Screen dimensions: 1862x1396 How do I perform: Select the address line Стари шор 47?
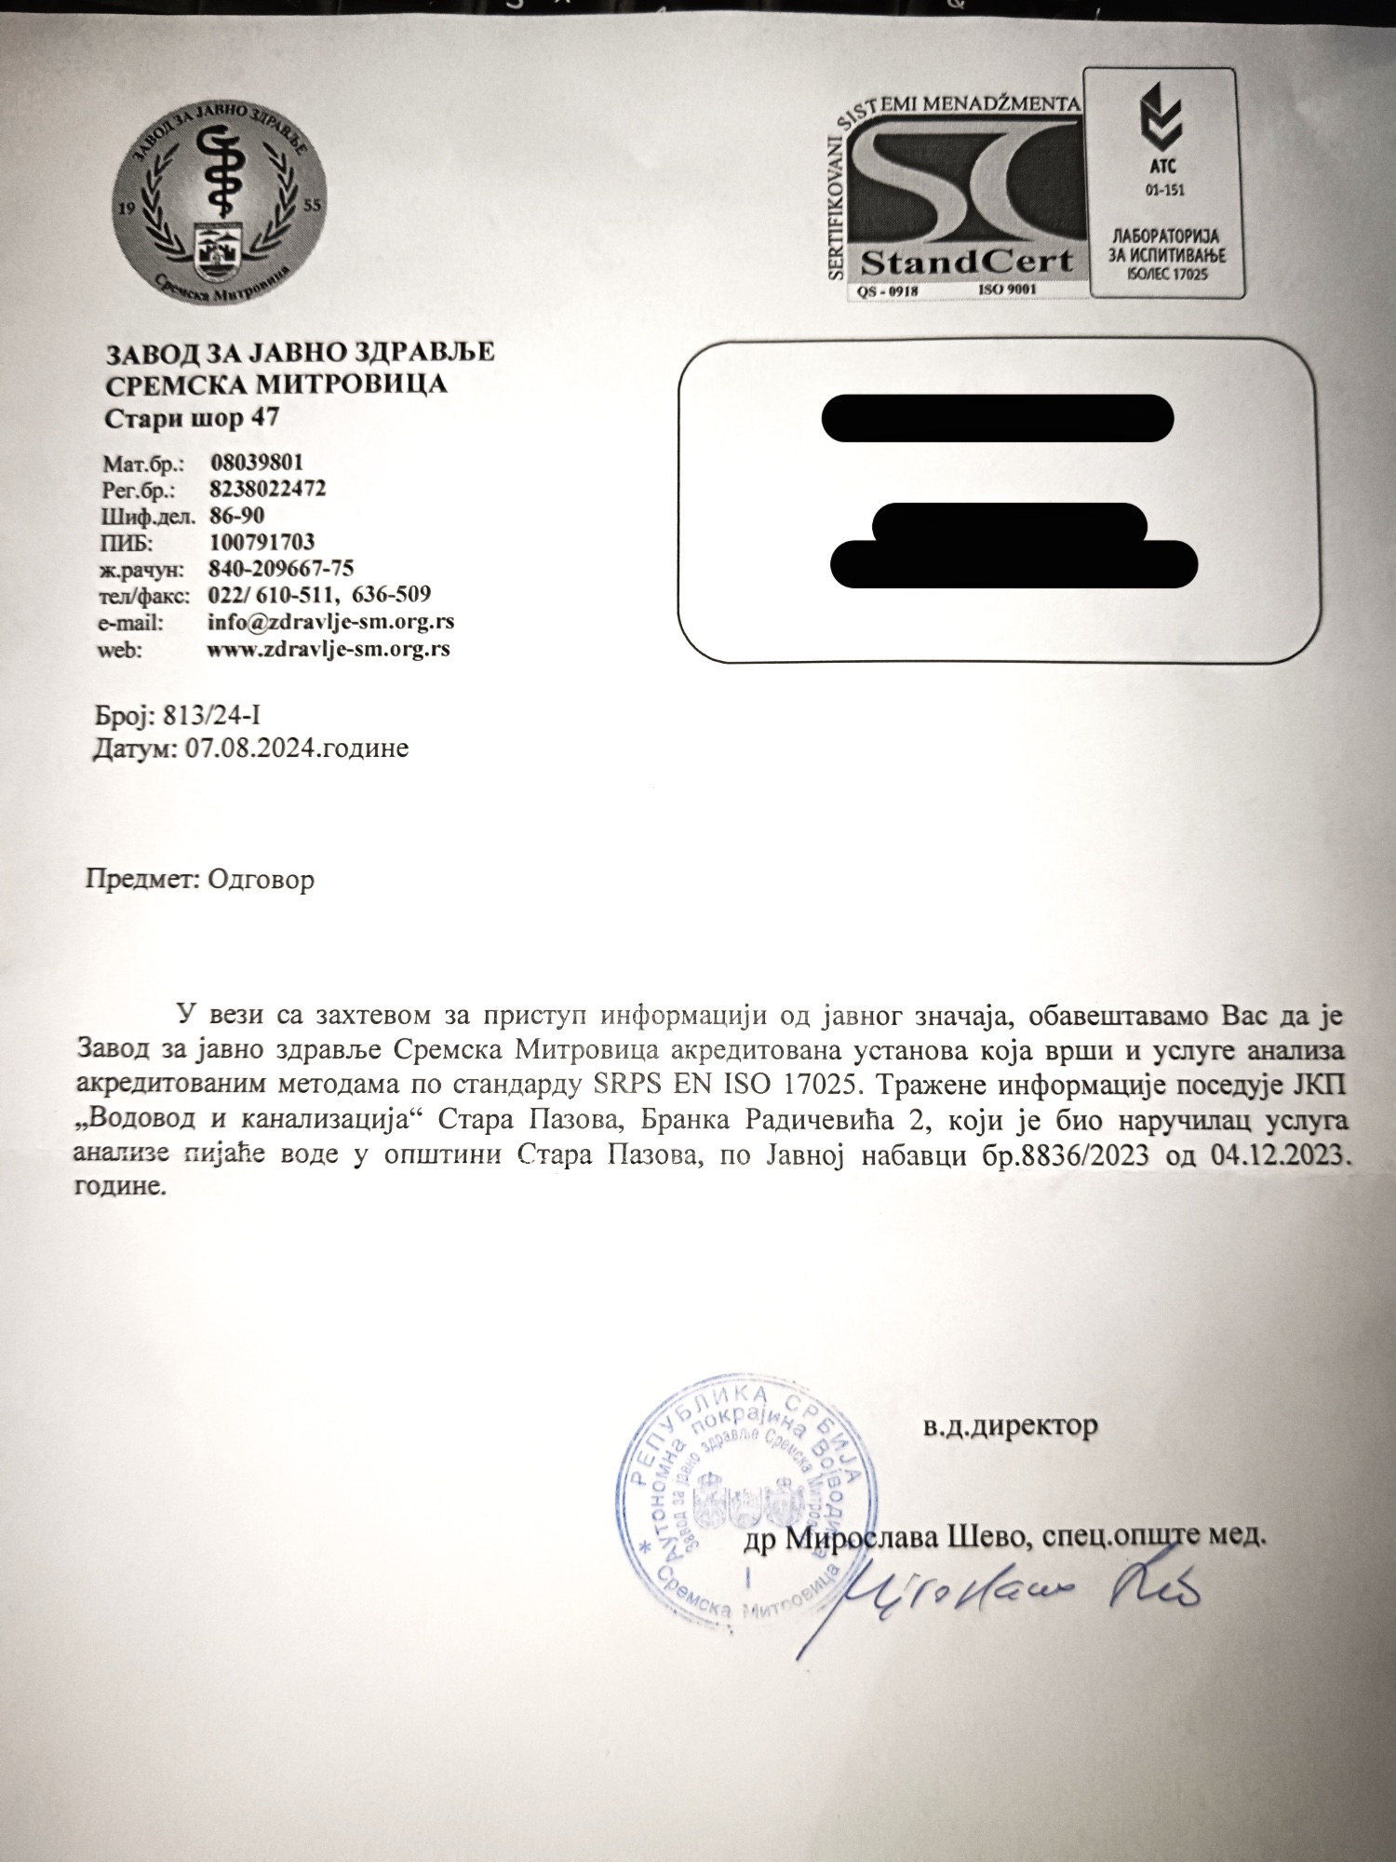click(191, 418)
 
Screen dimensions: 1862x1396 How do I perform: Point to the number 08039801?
click(257, 463)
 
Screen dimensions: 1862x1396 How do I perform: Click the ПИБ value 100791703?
click(262, 542)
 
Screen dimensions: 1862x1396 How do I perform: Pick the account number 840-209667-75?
click(281, 568)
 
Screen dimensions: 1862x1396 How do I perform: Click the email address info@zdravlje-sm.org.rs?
click(330, 622)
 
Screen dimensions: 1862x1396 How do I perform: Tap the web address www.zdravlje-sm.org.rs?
click(329, 649)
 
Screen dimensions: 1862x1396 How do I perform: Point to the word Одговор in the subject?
click(262, 880)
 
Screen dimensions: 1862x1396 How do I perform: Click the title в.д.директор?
click(1011, 1425)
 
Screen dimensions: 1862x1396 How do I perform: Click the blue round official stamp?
click(744, 1508)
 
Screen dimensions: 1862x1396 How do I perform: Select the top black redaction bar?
click(997, 419)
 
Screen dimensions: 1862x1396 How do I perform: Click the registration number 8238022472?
click(268, 489)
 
